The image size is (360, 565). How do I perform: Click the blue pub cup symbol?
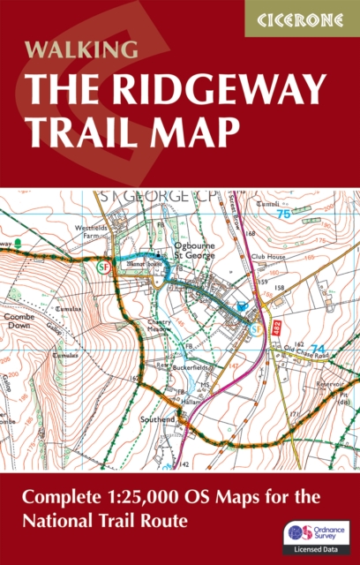[x=244, y=306]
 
